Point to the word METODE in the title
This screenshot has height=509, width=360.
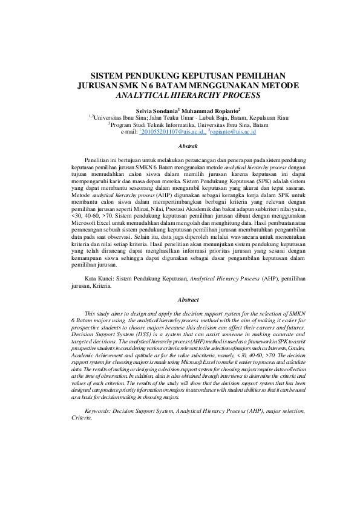(x=266, y=86)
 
